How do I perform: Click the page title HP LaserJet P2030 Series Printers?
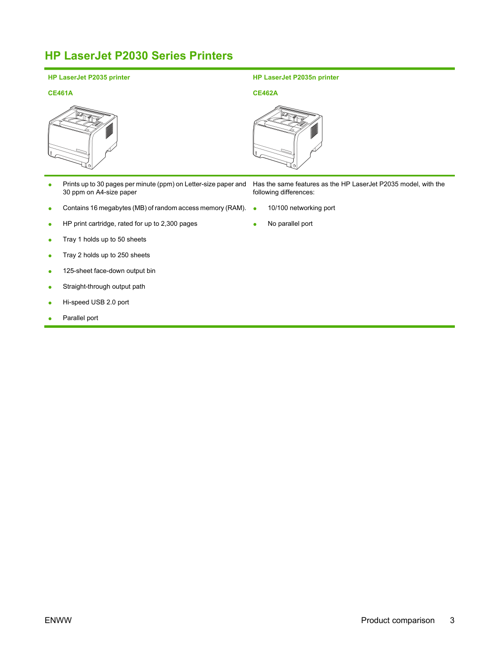pos(139,56)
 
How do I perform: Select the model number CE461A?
pos(60,93)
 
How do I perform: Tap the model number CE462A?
pos(265,93)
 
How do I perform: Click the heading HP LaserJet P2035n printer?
pos(296,77)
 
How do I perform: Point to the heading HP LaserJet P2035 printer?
pos(89,77)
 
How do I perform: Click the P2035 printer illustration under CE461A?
pos(83,137)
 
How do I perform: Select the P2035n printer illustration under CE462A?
pos(288,137)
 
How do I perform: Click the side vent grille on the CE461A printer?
pos(110,131)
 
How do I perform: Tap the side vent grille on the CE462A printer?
pos(314,131)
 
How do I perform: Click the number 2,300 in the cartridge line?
pos(169,224)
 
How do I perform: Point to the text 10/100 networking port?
pos(301,208)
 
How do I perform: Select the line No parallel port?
pos(290,224)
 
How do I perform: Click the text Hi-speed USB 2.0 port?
pos(96,302)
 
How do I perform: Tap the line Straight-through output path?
pos(104,286)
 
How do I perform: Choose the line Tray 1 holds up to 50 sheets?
pos(104,239)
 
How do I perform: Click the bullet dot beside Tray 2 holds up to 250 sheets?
pos(50,256)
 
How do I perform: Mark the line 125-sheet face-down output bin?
pos(109,271)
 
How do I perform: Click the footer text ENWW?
pos(58,620)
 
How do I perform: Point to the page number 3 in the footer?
pos(452,620)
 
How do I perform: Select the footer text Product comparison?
pos(398,621)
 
